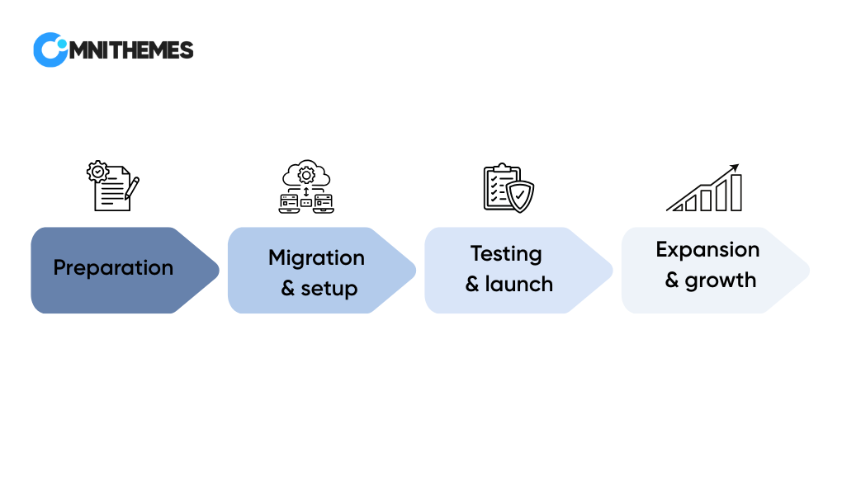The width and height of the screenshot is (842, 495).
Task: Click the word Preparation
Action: click(x=113, y=268)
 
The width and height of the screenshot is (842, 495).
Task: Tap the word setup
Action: click(x=329, y=290)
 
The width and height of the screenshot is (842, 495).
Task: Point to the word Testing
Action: click(x=506, y=254)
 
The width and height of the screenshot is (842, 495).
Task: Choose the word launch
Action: click(x=518, y=284)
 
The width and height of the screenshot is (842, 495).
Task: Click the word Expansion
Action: click(x=707, y=250)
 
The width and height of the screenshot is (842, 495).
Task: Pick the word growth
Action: click(x=721, y=280)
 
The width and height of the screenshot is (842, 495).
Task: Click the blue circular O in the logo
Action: click(x=50, y=50)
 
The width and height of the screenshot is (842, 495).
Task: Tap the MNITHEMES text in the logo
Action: click(x=131, y=50)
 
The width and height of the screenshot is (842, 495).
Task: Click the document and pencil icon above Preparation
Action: click(x=113, y=186)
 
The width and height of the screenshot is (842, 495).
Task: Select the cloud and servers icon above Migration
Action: click(x=306, y=186)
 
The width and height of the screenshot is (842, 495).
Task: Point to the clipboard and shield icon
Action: click(x=509, y=188)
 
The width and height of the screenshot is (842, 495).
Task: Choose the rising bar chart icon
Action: click(x=704, y=187)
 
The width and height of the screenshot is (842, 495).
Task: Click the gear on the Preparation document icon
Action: click(x=97, y=172)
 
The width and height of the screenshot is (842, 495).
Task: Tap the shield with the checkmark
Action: click(x=520, y=196)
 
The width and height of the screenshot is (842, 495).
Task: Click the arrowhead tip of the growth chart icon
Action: click(x=739, y=164)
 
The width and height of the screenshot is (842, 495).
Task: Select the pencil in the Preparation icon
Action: click(x=132, y=188)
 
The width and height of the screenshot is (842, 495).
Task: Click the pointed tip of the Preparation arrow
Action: click(x=219, y=270)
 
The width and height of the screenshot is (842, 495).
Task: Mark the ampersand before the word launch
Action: click(x=472, y=285)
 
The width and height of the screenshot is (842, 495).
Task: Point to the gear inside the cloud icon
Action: click(x=306, y=175)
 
